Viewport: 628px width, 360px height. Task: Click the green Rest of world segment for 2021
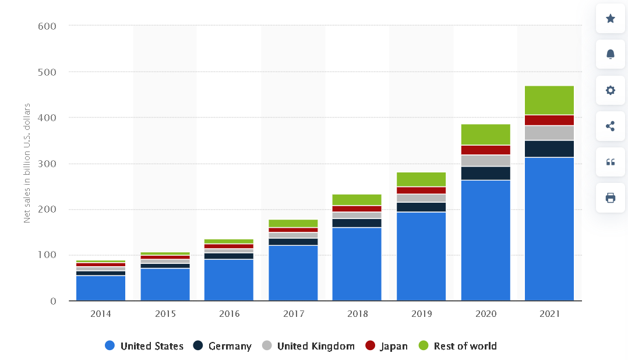[549, 100]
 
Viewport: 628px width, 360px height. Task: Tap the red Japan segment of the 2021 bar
[549, 120]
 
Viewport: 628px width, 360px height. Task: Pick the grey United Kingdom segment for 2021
[549, 133]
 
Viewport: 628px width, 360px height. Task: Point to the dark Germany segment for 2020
[485, 173]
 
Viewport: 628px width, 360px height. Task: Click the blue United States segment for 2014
[100, 288]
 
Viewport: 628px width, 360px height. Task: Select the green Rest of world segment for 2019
[421, 179]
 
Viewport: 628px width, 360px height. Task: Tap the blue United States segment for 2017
[293, 273]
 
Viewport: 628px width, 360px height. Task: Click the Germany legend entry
[223, 346]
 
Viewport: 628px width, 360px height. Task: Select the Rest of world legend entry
[457, 346]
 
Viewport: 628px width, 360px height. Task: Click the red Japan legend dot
[370, 346]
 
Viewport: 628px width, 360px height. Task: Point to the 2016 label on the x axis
[229, 314]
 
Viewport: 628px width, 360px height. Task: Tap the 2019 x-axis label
[421, 314]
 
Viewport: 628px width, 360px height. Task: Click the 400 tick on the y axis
[47, 118]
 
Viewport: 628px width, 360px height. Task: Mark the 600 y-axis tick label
[47, 26]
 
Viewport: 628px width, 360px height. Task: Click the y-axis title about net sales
[27, 163]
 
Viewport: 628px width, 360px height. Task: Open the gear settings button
[610, 90]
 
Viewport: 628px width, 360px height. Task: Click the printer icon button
[610, 197]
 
